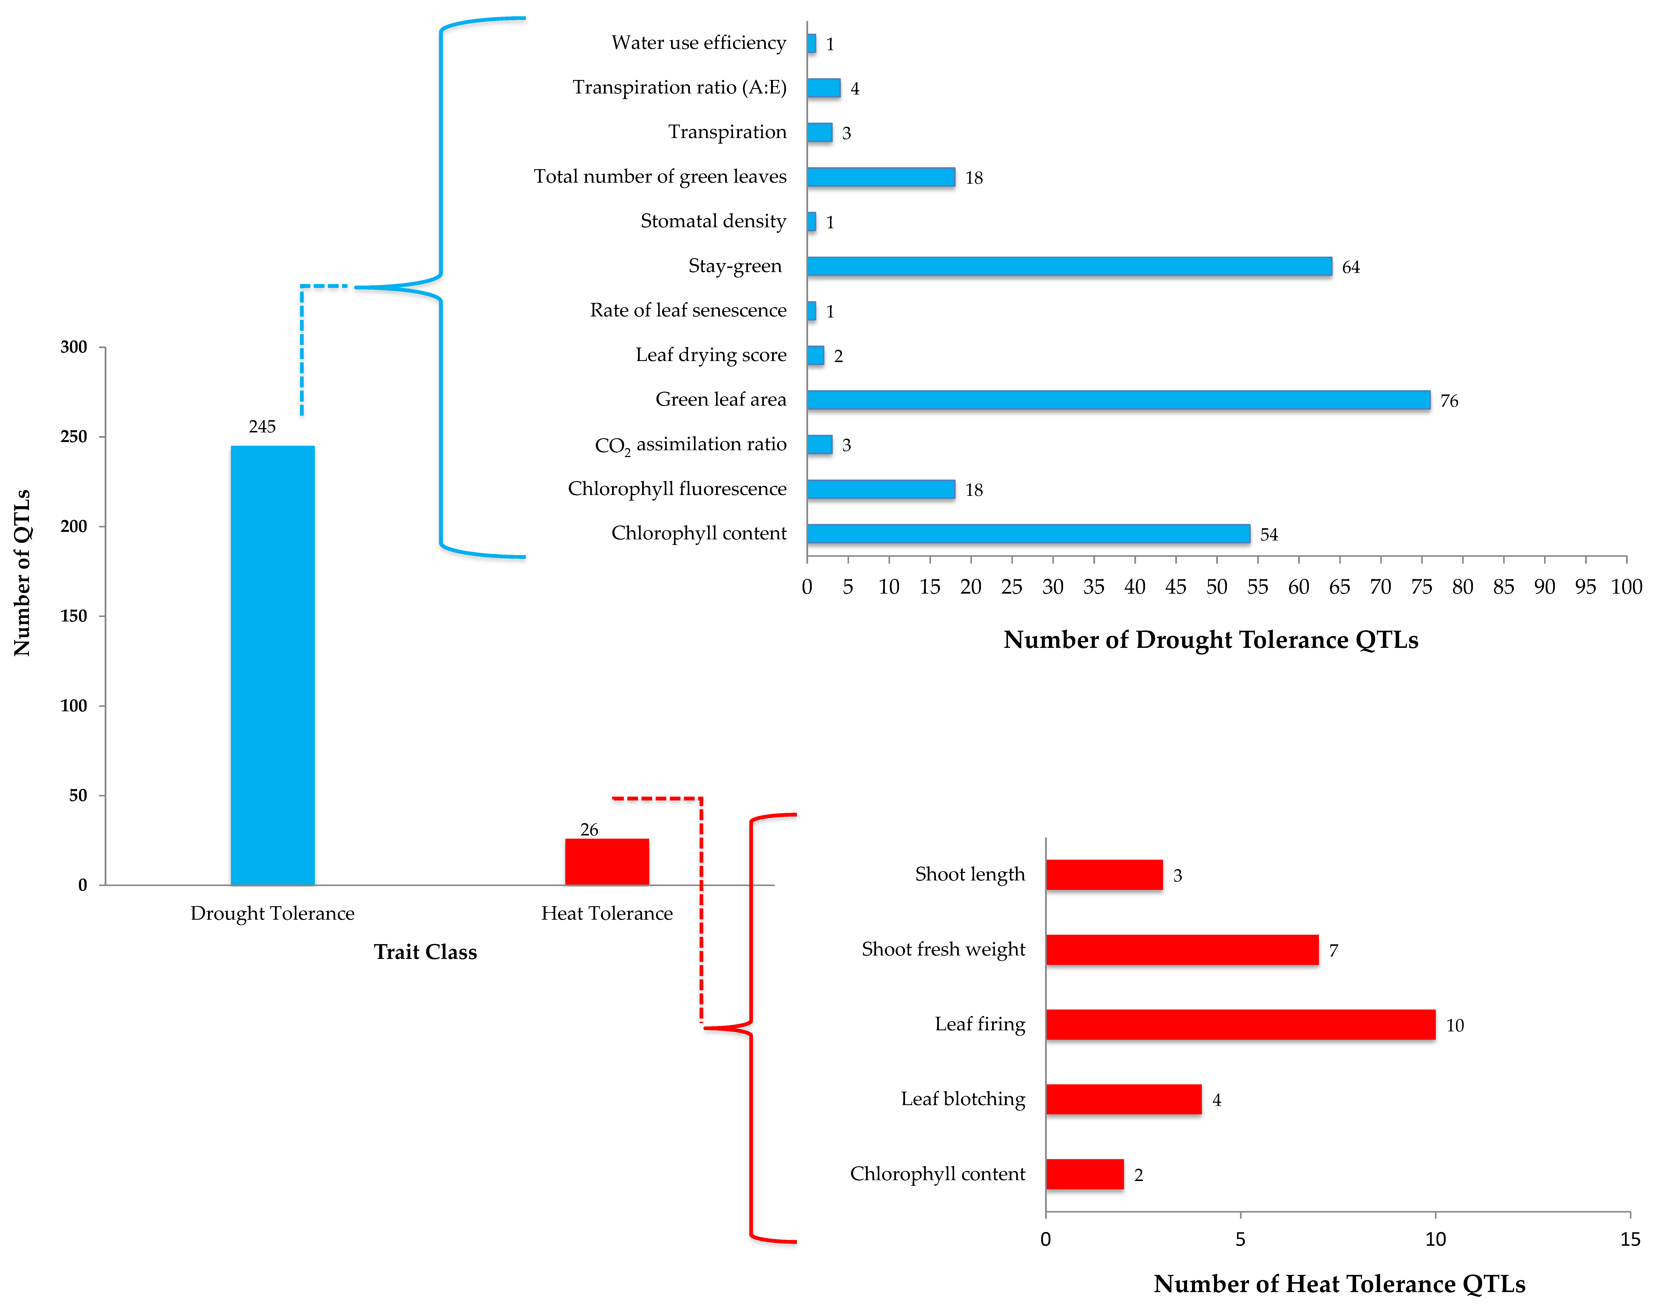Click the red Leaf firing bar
pos(1240,1024)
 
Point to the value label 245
pos(262,427)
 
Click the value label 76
pos(1448,400)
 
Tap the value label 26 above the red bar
pos(589,829)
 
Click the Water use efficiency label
pos(699,43)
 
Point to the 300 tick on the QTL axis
pos(74,347)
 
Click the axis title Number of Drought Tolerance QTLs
pos(1211,640)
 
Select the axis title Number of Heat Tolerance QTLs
pos(1339,1284)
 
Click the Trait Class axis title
pos(425,952)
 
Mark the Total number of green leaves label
pos(660,176)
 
